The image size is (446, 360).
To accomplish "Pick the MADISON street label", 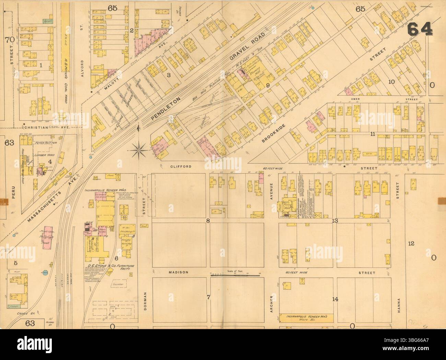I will pyautogui.click(x=178, y=272).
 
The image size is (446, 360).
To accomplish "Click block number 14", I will pyautogui.click(x=335, y=299).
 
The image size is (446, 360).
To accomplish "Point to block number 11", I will pyautogui.click(x=372, y=134).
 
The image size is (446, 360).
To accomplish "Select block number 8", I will pyautogui.click(x=208, y=221).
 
